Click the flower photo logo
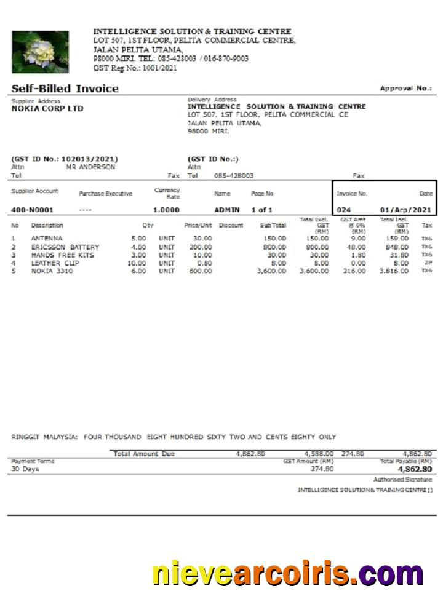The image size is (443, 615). point(40,52)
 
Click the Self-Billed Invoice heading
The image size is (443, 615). point(65,89)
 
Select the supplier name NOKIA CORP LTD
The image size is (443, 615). point(47,109)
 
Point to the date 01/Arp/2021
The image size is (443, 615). point(406,210)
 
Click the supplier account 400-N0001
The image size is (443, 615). point(32,210)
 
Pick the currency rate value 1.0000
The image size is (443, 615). point(166,210)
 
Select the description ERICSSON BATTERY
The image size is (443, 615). point(65,247)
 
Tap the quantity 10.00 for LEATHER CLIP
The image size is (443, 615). point(136,263)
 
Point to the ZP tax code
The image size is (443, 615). point(427,263)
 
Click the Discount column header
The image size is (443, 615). point(231,226)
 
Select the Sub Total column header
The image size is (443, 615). point(273,226)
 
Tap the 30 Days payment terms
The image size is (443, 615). point(25,469)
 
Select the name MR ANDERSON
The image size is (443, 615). point(90,167)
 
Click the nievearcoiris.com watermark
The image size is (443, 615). point(288,574)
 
